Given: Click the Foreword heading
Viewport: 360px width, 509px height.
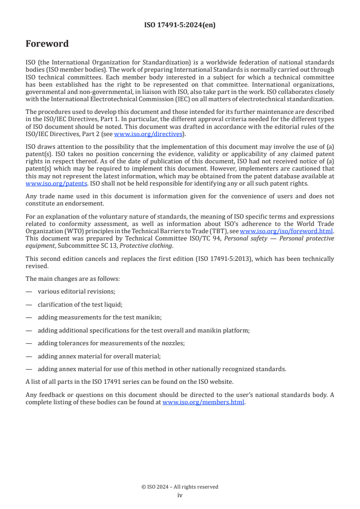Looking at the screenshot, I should (47, 44).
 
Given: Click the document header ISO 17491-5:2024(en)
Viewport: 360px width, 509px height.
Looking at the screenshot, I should (180, 25).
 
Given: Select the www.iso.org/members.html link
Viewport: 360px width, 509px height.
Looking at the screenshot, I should (203, 401).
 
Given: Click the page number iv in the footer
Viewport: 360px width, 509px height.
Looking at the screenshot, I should (180, 495).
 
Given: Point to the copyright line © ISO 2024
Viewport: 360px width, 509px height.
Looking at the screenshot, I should (180, 487).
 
